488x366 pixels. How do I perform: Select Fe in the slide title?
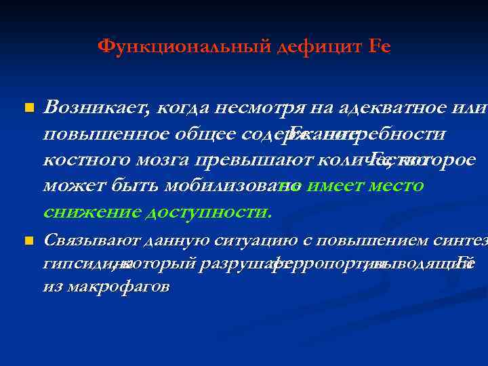point(380,47)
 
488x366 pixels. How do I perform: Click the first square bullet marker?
point(28,108)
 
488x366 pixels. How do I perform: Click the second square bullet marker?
point(28,241)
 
